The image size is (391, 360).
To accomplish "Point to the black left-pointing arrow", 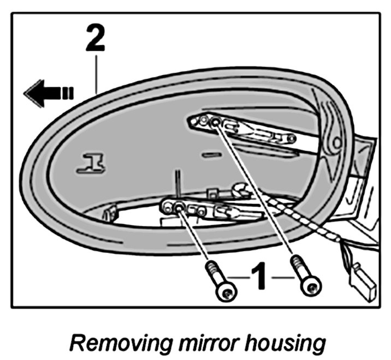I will coord(48,92).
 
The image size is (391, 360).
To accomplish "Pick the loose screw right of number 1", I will coord(306,277).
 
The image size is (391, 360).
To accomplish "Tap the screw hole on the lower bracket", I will coord(179,206).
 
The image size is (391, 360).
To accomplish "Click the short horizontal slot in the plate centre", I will coord(210,155).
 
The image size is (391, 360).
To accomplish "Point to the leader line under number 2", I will coord(96,71).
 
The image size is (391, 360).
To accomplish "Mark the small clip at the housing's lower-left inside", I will coord(109,213).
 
